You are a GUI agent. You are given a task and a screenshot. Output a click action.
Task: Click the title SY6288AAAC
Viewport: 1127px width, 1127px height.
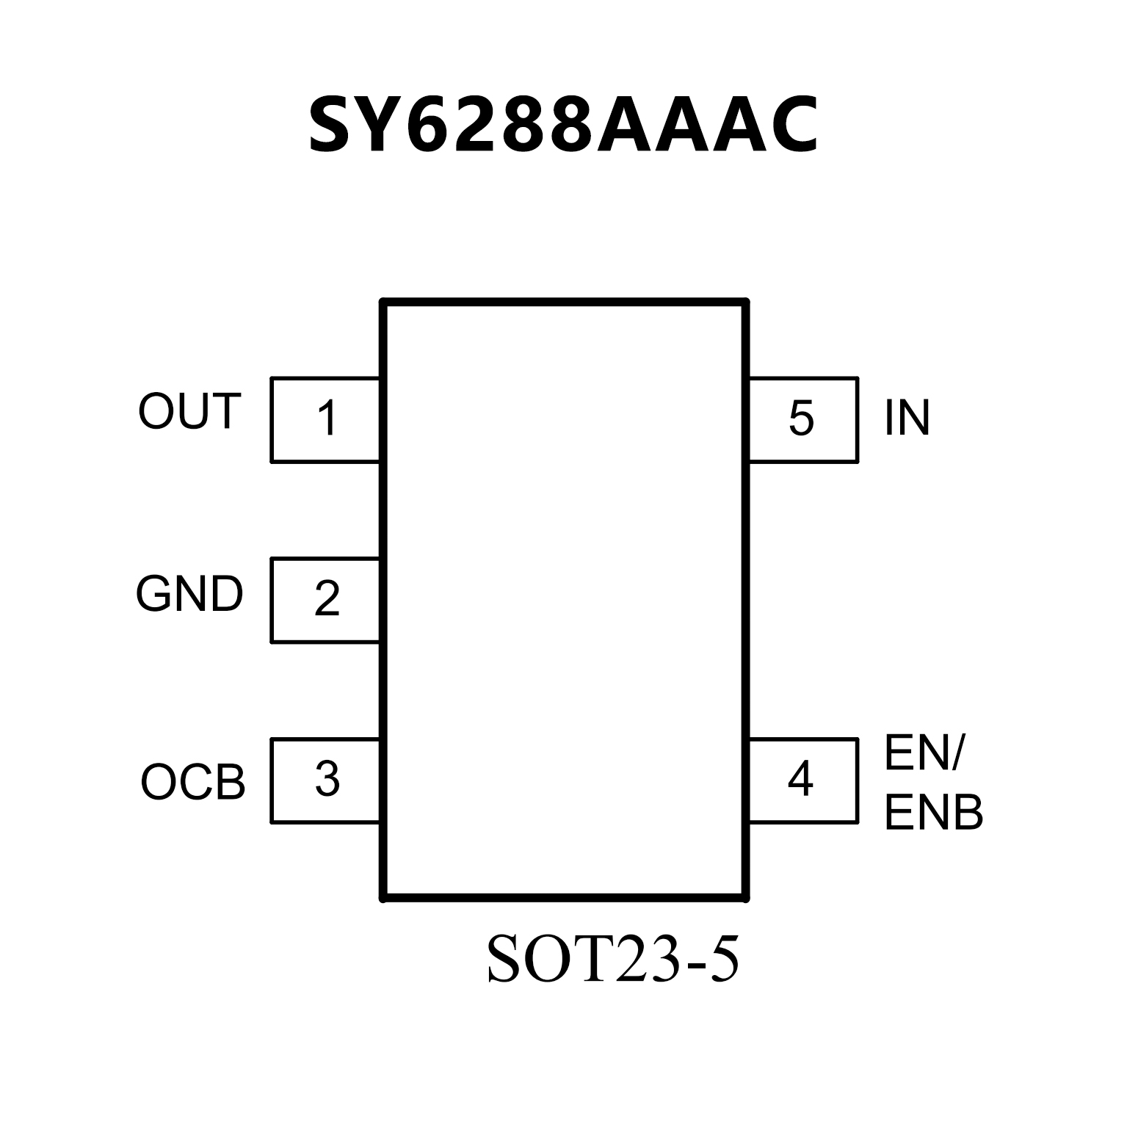[563, 125]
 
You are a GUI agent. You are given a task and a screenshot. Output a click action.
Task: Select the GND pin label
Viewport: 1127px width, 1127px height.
[189, 594]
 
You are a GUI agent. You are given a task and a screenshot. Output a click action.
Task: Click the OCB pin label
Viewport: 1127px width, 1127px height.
[193, 783]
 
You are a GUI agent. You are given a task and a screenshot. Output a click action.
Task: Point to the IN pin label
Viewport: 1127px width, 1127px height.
[907, 418]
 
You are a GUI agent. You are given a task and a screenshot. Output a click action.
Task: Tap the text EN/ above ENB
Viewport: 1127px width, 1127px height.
[924, 753]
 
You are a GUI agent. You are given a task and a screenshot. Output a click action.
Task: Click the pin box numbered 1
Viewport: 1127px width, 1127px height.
[325, 419]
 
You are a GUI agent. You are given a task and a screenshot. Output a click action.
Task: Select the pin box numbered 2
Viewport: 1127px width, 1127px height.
[325, 600]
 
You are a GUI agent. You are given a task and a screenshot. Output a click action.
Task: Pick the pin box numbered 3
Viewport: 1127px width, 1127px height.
[325, 780]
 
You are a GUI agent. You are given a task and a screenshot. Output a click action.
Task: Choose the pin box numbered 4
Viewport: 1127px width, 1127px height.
[802, 780]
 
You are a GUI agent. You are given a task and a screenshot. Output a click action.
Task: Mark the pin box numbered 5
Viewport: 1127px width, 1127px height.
[802, 419]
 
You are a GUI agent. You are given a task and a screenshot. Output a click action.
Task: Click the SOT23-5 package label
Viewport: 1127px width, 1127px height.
[613, 960]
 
